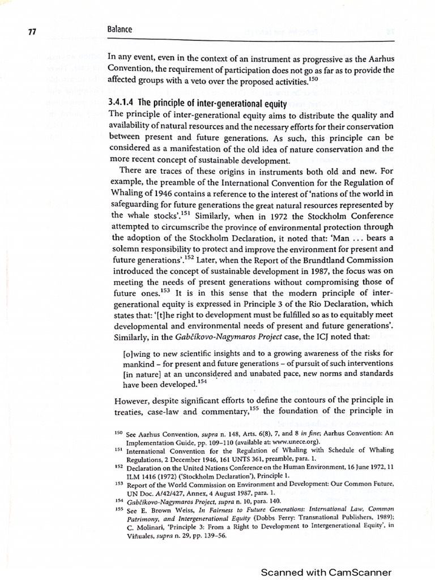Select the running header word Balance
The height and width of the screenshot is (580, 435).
[x=120, y=29]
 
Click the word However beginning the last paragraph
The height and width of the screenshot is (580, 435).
[x=127, y=401]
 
